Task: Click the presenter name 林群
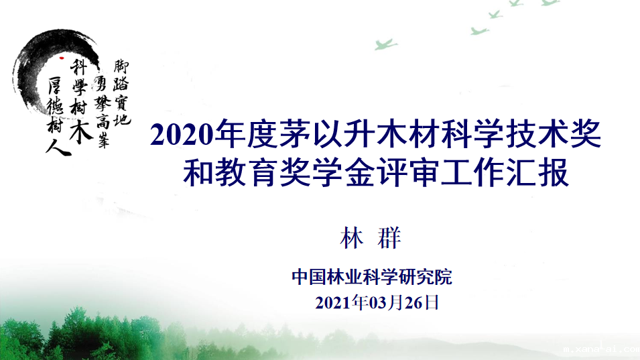pos(371,237)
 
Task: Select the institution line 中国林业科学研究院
pos(372,277)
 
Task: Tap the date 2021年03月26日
pos(377,303)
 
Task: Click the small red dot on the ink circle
pos(62,58)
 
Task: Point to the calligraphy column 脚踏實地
pos(121,93)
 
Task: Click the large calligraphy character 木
pos(81,130)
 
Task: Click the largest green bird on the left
pos(385,44)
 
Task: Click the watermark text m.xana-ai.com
pos(601,349)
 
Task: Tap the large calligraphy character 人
pos(58,147)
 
